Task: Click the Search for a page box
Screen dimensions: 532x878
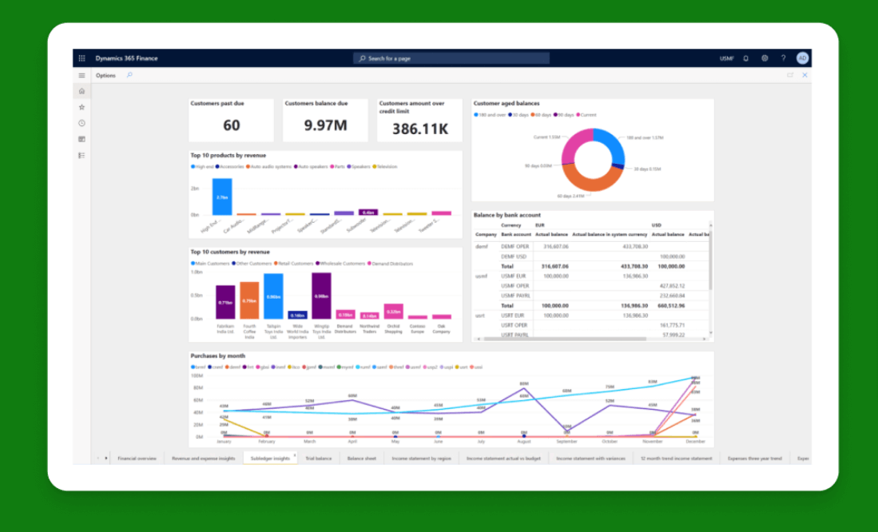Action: tap(451, 58)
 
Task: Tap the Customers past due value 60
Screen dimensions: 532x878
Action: tap(231, 125)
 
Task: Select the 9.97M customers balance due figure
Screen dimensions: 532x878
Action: tap(325, 125)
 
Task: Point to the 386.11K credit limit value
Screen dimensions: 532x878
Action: tap(419, 129)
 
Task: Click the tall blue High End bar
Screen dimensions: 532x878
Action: tap(222, 197)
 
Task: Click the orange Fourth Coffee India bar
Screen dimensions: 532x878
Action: tap(249, 300)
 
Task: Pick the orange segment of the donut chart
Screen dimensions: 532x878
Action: tap(587, 177)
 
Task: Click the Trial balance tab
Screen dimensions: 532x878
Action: tap(318, 459)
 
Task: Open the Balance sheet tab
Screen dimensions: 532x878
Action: tap(361, 459)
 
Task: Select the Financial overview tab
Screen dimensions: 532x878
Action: tap(137, 459)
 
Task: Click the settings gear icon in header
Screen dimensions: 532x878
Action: tap(765, 58)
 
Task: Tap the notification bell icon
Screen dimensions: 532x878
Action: tap(746, 58)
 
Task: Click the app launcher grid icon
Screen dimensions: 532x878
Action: tap(81, 58)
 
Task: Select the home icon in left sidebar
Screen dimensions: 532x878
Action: tap(81, 91)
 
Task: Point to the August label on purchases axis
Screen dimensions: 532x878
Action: tap(523, 442)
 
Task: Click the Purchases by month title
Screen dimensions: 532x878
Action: tap(217, 355)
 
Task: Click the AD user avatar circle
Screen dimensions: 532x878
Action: tap(802, 58)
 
